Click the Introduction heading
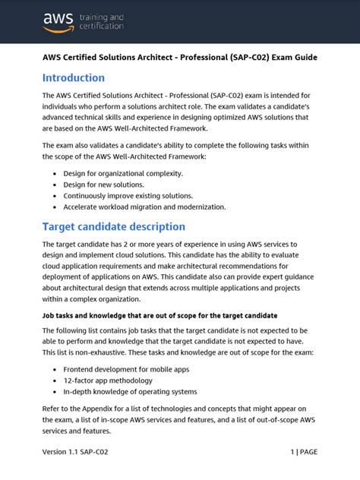[74, 78]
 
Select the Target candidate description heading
[113, 226]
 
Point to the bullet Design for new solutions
[103, 184]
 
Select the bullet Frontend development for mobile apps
[126, 369]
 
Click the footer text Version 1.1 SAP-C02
[81, 452]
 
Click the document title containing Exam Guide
[179, 57]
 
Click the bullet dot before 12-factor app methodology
[55, 381]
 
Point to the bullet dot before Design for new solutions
[55, 184]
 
